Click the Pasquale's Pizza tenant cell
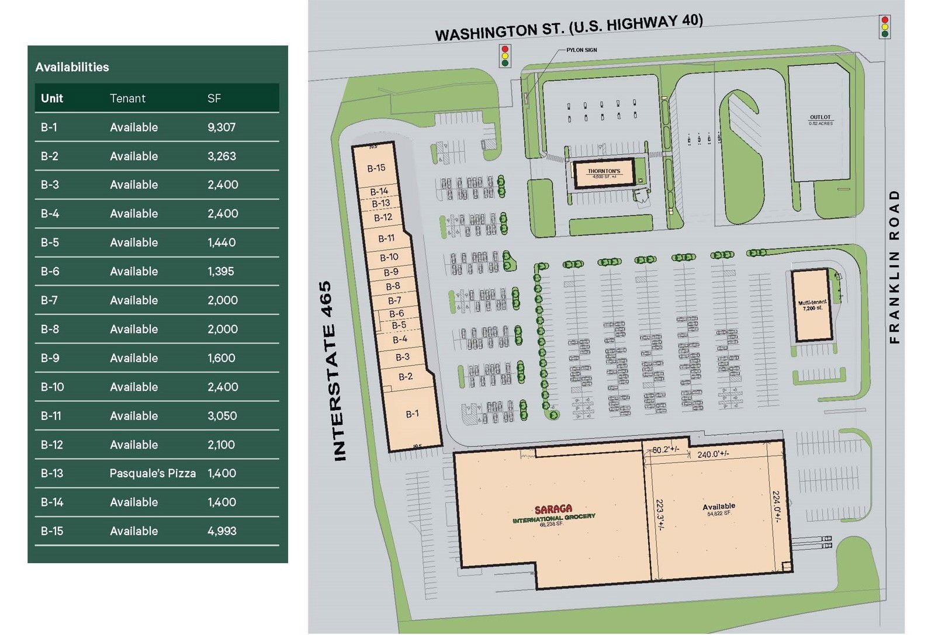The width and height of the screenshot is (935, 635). [x=153, y=473]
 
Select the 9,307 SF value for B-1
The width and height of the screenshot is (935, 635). [x=221, y=127]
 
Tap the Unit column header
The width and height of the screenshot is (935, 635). [x=52, y=98]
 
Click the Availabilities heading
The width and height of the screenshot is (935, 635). [x=72, y=67]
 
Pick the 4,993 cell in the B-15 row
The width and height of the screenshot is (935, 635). [x=221, y=531]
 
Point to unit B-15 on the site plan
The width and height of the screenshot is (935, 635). [x=376, y=168]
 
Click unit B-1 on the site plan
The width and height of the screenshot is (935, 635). [x=412, y=414]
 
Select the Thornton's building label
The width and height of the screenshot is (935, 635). [x=604, y=173]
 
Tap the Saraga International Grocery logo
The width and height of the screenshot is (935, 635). [x=553, y=512]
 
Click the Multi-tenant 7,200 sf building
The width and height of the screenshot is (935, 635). [x=812, y=305]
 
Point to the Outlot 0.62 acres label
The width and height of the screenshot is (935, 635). [x=820, y=120]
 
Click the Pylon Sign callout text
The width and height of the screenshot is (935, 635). [x=581, y=50]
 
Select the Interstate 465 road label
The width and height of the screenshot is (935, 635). [x=333, y=372]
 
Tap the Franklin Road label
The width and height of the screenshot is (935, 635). [x=894, y=266]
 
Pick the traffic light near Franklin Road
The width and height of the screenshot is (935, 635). [x=885, y=27]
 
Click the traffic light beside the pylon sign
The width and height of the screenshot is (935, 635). [x=505, y=56]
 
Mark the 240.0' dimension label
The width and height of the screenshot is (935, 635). [x=713, y=454]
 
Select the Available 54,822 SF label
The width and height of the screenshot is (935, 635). [x=718, y=509]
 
